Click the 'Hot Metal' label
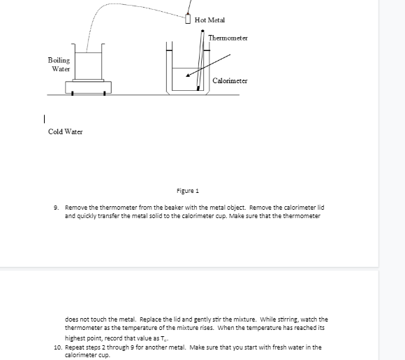[x=210, y=20]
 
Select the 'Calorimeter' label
[x=230, y=81]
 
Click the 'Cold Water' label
[x=65, y=131]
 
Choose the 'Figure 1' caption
[x=188, y=190]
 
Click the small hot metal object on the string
[x=189, y=18]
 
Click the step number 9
[x=55, y=208]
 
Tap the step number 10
[x=57, y=347]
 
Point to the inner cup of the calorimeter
[x=184, y=79]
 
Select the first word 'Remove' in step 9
[x=75, y=208]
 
